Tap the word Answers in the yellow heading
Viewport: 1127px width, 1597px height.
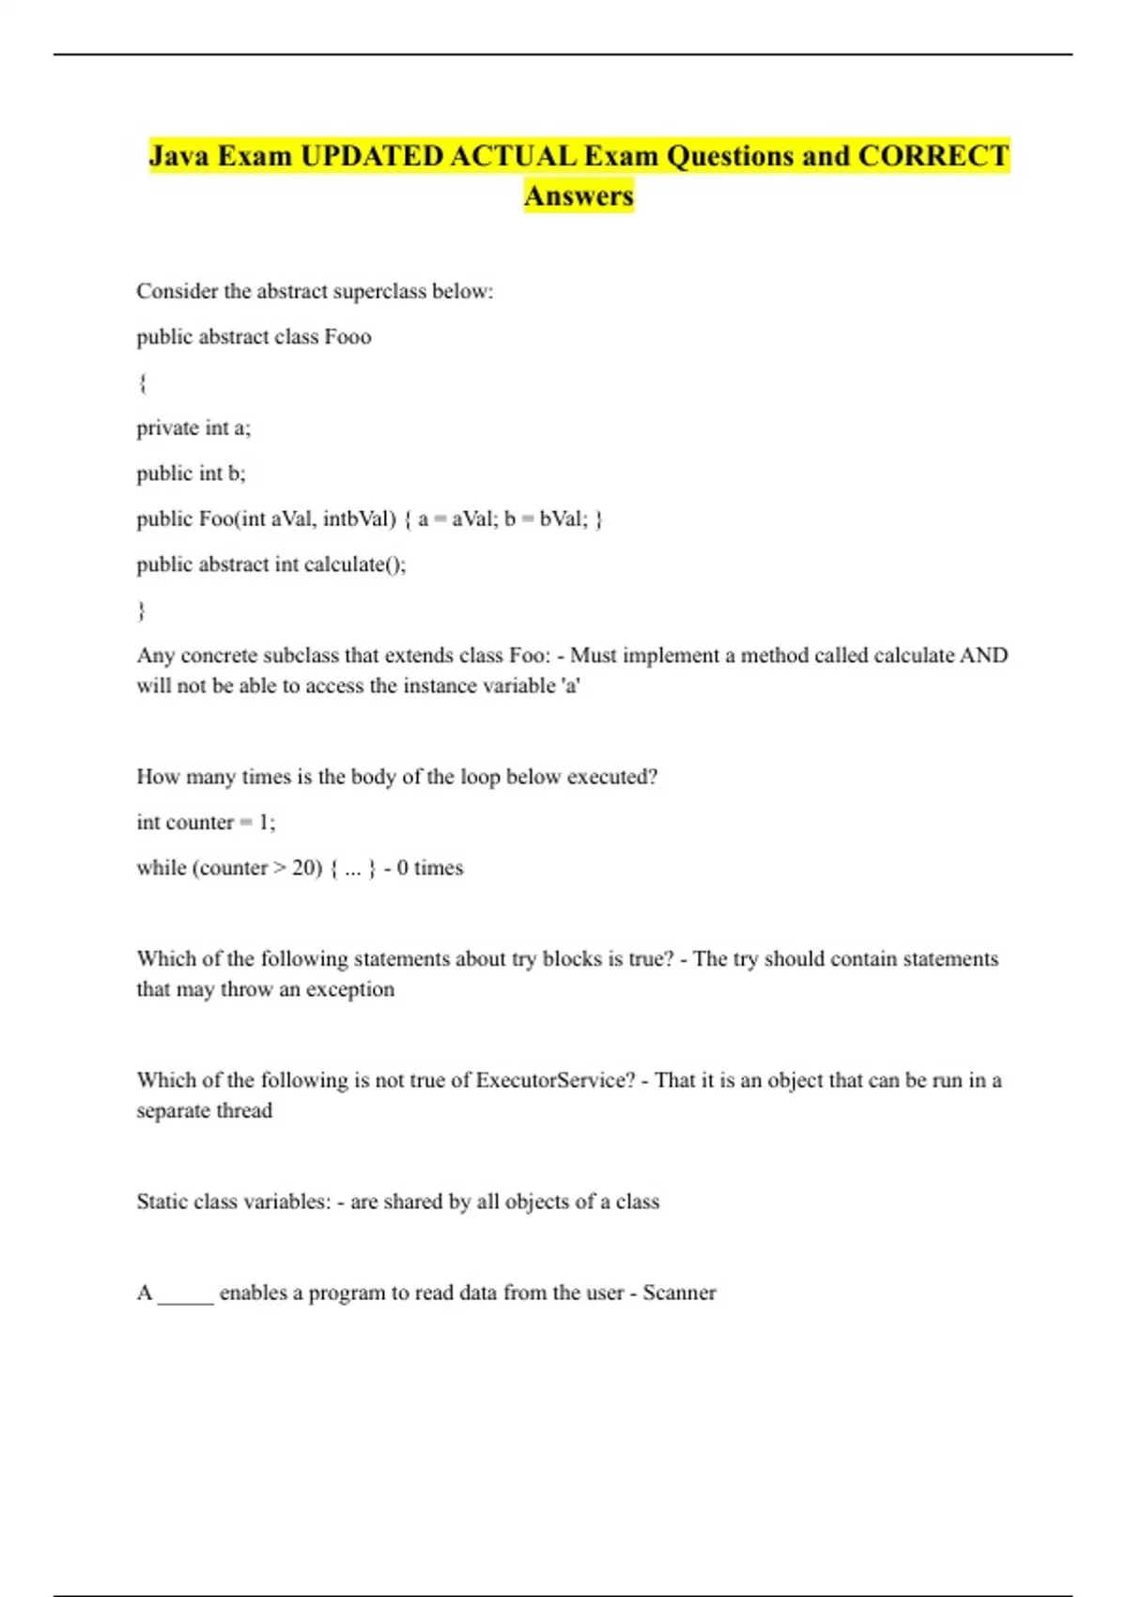(579, 195)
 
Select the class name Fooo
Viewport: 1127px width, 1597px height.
(347, 336)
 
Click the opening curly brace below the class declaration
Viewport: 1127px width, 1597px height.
(142, 382)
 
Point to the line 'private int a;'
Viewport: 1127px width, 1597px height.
(193, 427)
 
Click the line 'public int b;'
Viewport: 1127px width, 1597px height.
(191, 473)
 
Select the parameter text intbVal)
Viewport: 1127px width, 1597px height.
(360, 519)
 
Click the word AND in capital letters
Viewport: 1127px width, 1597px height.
(983, 655)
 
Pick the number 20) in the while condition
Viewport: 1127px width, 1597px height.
(307, 867)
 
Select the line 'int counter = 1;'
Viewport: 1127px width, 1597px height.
(206, 822)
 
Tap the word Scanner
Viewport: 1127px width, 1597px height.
(679, 1292)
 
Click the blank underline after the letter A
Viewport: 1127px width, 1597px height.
(186, 1295)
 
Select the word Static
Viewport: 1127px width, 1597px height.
(162, 1201)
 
